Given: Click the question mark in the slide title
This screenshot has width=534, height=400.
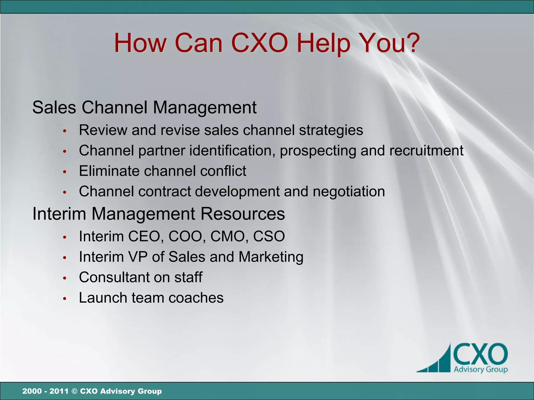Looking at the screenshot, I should [409, 43].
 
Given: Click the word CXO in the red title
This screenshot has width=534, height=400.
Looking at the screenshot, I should [259, 43].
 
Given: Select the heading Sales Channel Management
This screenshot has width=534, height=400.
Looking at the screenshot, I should [144, 107].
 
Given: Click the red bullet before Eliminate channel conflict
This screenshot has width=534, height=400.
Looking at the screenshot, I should [65, 172].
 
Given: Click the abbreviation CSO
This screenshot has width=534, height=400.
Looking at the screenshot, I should [269, 236].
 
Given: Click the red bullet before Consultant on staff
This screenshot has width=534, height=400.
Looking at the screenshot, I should [65, 278].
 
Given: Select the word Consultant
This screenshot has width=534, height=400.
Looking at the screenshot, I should [114, 277].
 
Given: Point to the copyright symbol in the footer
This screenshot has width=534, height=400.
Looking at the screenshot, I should [74, 391].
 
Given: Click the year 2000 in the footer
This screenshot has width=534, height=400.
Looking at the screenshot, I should [32, 391].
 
